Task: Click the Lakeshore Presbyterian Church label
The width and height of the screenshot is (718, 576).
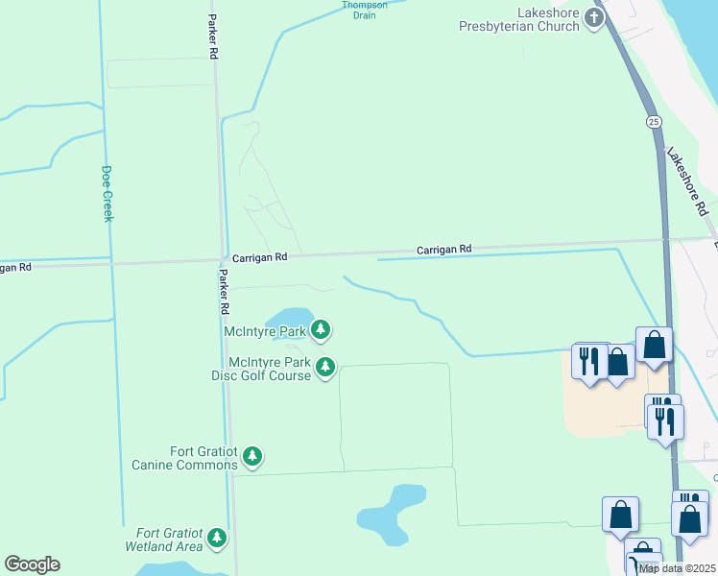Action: coord(522,20)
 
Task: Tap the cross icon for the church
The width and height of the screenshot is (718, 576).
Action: coord(595,17)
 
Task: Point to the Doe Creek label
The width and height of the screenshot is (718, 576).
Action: coord(108,194)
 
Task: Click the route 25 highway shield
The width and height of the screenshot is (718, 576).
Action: coord(654,122)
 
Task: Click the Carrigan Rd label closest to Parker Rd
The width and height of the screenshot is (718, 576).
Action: coord(260,257)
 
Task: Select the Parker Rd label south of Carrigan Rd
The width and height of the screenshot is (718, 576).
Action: coord(224,292)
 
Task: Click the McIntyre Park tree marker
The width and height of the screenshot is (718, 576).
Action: coord(321,331)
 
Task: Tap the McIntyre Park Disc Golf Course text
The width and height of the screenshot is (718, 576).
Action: coord(269,369)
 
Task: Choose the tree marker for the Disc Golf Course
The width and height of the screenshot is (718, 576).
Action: coord(326,367)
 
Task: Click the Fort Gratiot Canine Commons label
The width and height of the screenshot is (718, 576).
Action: coord(184,458)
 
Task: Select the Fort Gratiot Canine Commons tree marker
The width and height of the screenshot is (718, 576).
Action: coord(252,456)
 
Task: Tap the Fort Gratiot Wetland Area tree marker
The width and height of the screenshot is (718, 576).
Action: coord(218,538)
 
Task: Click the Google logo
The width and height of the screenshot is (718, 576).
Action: coord(32,564)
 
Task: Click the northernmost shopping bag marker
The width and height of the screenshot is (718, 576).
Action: coord(654,345)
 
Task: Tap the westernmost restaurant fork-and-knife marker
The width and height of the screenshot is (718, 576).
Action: coord(589,360)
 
